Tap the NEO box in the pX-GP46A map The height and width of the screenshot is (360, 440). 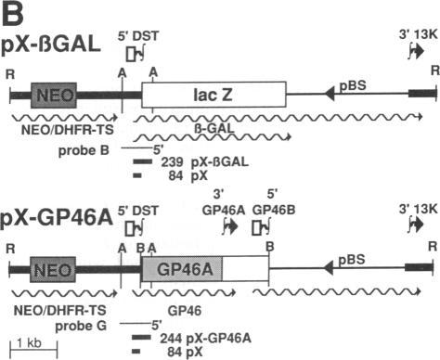tap(53, 269)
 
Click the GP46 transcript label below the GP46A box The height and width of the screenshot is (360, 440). tap(184, 302)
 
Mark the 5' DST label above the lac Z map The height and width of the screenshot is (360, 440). tap(139, 34)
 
